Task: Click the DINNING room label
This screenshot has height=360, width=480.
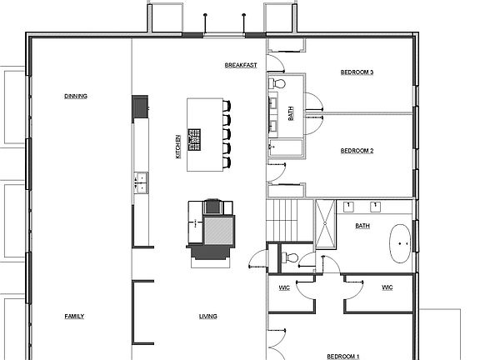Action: pyautogui.click(x=76, y=96)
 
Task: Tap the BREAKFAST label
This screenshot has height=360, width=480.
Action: pyautogui.click(x=240, y=65)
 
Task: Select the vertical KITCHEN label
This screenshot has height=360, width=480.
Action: pyautogui.click(x=177, y=147)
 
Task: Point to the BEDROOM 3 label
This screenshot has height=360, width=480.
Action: pyautogui.click(x=357, y=72)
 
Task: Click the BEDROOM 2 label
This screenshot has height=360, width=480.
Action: pyautogui.click(x=357, y=151)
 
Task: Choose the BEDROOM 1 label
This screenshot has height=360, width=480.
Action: pyautogui.click(x=342, y=356)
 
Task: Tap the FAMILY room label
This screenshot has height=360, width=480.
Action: pyautogui.click(x=75, y=316)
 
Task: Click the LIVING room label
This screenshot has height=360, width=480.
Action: pyautogui.click(x=207, y=316)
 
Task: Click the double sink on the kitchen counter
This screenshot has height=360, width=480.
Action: pyautogui.click(x=140, y=177)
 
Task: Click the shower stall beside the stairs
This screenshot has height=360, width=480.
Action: pyautogui.click(x=327, y=223)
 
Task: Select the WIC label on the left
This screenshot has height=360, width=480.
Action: pyautogui.click(x=283, y=287)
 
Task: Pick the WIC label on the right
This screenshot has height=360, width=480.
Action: pyautogui.click(x=387, y=287)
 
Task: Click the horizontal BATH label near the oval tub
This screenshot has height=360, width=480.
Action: pyautogui.click(x=362, y=225)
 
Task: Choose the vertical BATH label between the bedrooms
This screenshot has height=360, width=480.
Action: pyautogui.click(x=291, y=114)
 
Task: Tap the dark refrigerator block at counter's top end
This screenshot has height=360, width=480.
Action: pyautogui.click(x=139, y=106)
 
